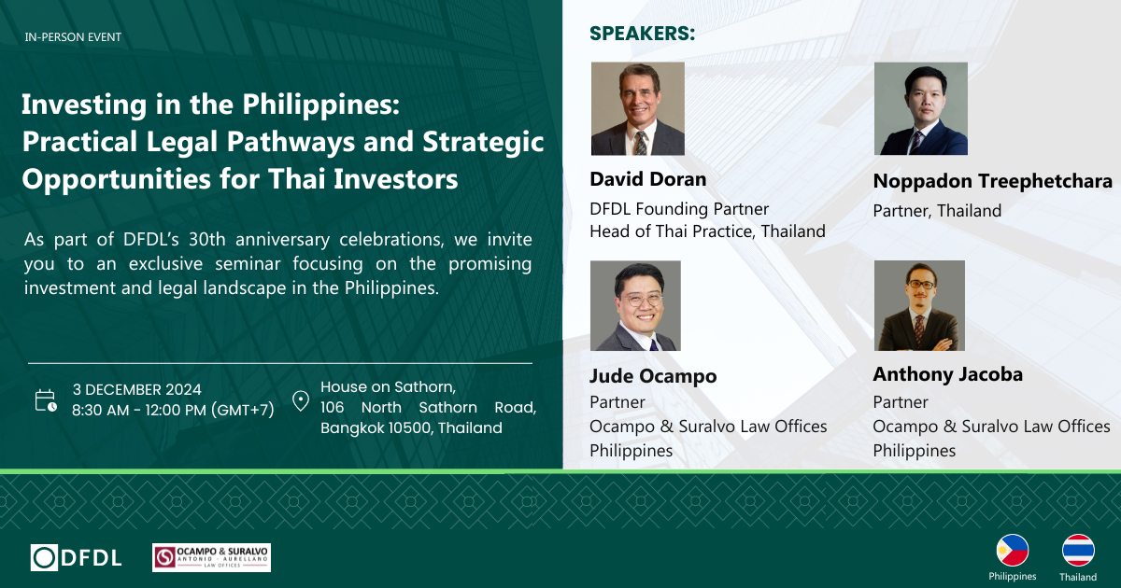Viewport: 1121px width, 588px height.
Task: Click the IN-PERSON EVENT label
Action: [73, 37]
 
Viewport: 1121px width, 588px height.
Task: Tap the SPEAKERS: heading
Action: [643, 34]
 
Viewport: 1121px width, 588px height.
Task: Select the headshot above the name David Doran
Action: [637, 108]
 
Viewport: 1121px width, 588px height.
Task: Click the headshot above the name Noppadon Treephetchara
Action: [921, 108]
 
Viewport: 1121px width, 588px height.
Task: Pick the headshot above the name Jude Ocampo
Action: [635, 305]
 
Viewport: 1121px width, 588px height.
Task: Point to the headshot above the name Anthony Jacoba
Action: [919, 305]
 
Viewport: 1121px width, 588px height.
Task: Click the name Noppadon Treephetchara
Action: [993, 181]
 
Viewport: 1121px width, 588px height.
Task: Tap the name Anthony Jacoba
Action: [948, 374]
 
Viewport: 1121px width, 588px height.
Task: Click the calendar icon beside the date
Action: [46, 401]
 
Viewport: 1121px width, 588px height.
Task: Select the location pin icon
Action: [301, 401]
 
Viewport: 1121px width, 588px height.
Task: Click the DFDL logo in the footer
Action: [76, 557]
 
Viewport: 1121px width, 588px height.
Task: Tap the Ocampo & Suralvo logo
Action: [211, 557]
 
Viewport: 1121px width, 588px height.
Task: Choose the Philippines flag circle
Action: [1013, 551]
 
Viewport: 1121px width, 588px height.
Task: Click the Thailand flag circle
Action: [1078, 551]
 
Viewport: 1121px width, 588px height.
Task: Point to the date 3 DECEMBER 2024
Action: [136, 389]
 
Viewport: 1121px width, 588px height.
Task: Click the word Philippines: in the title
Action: [321, 105]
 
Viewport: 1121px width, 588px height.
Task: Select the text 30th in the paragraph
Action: [207, 240]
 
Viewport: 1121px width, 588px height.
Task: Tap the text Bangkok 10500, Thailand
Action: [411, 428]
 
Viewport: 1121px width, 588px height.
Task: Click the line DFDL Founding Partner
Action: [679, 209]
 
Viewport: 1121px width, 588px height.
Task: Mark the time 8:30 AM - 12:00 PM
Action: [139, 411]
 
